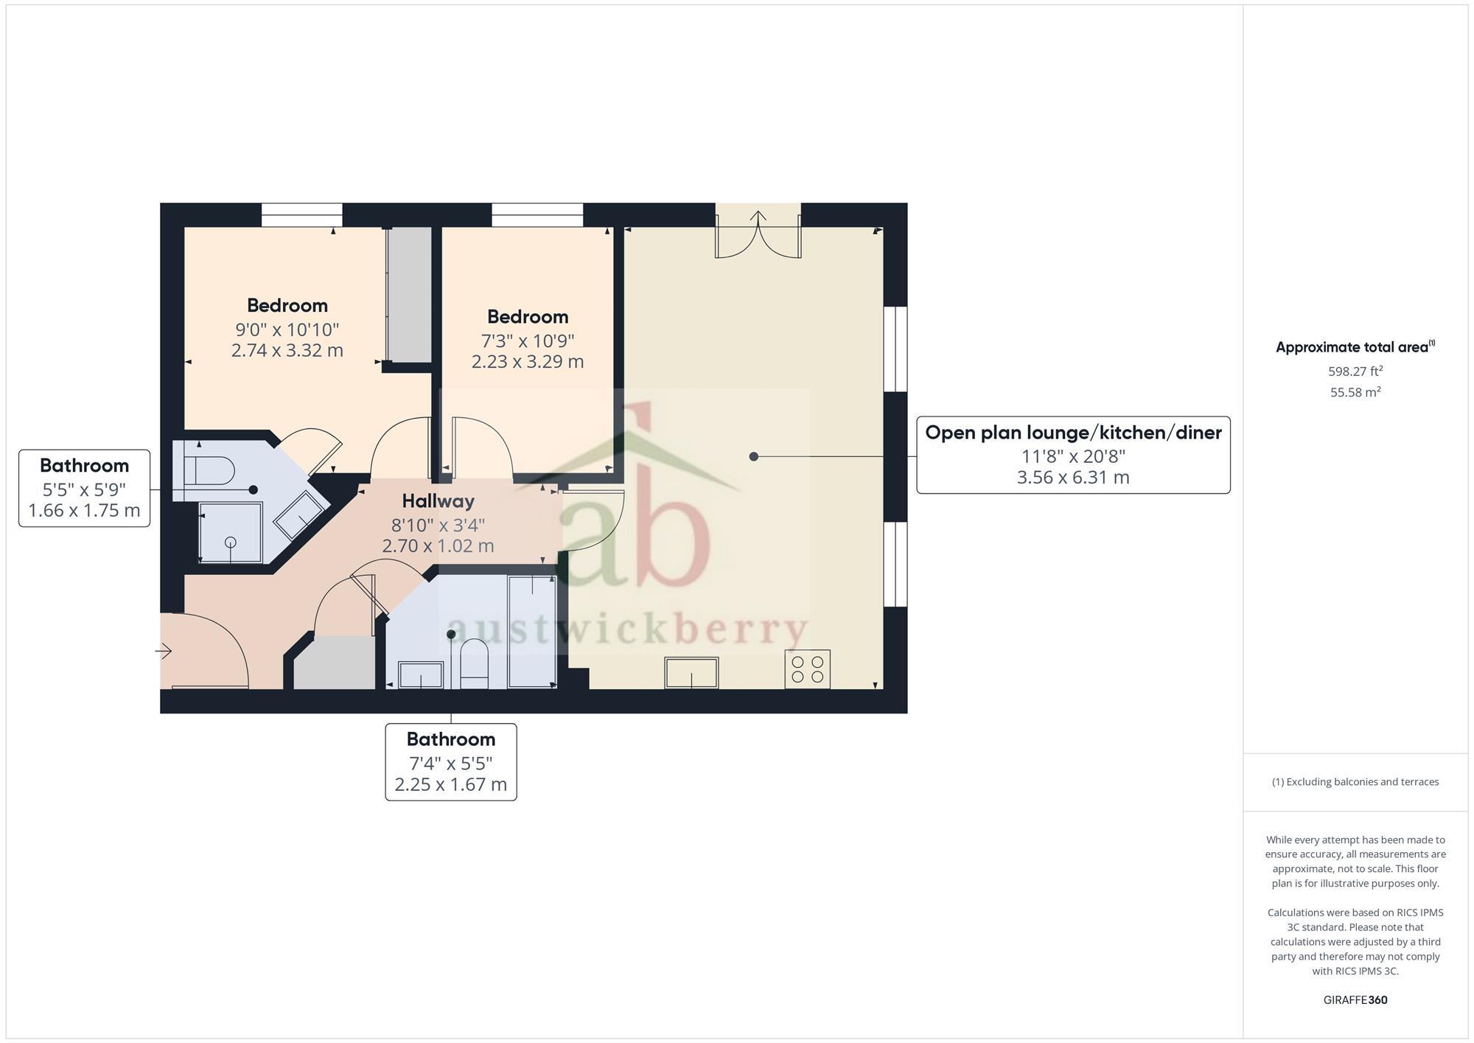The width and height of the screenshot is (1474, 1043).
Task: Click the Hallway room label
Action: (438, 501)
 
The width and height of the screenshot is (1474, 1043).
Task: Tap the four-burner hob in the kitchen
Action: (807, 669)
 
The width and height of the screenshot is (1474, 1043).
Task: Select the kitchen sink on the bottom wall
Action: (691, 672)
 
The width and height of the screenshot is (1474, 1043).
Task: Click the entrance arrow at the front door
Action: (164, 651)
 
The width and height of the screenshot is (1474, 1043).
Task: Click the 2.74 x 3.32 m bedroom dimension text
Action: (287, 350)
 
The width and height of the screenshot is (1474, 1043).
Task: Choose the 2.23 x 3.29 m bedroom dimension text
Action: (527, 362)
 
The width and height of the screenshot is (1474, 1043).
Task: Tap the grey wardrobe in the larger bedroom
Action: (409, 294)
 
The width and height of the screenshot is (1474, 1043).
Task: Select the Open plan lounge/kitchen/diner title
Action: (1073, 433)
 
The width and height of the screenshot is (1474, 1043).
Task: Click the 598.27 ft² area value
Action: (1355, 371)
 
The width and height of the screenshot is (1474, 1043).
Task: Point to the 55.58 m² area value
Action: (1355, 392)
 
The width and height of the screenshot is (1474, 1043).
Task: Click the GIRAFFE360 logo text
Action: (1355, 1000)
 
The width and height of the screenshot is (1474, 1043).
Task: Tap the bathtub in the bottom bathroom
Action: (531, 631)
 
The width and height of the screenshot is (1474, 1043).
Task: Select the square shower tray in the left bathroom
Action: (231, 532)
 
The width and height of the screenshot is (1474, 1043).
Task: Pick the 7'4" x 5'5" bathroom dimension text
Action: (450, 763)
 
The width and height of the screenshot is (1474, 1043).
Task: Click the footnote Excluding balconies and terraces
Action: (1355, 782)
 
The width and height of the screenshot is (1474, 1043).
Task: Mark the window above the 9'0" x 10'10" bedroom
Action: (302, 215)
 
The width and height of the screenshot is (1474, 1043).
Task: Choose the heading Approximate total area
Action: (1355, 347)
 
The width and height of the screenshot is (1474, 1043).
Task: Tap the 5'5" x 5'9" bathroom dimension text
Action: (84, 489)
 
